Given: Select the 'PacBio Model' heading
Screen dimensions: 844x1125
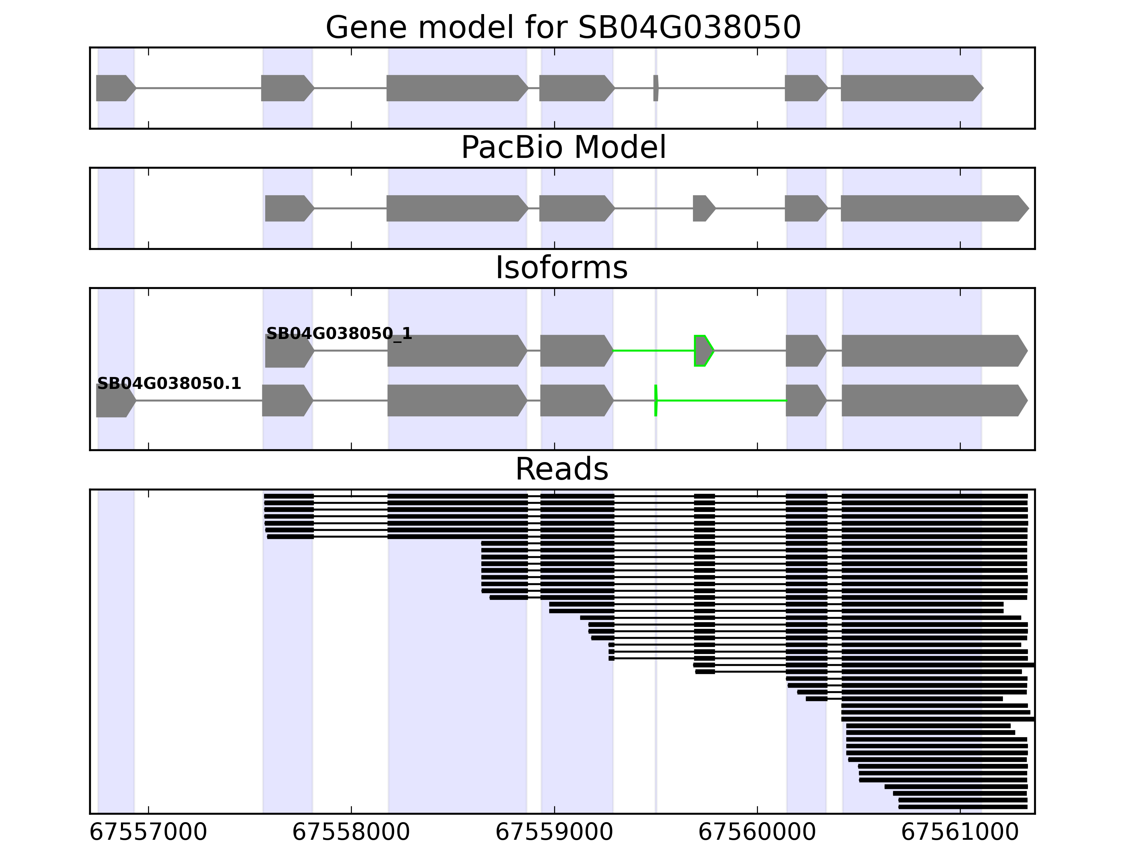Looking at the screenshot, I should click(x=563, y=148).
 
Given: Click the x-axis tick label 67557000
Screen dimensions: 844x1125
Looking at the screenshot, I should click(x=148, y=832).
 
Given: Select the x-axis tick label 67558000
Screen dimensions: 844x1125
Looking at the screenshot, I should click(x=351, y=832).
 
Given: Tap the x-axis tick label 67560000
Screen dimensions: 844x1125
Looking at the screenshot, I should click(x=757, y=832).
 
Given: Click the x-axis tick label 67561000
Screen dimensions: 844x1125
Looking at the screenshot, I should click(x=960, y=832).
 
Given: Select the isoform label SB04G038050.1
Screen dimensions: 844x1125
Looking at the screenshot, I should click(x=169, y=384).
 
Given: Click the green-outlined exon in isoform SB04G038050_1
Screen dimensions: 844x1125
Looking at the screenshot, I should click(x=703, y=351).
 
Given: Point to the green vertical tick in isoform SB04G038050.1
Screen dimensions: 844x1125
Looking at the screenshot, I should click(x=656, y=401).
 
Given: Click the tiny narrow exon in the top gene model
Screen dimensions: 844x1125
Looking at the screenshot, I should click(x=656, y=88).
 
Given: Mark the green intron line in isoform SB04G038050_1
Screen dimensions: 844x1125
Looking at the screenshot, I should click(x=654, y=351).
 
